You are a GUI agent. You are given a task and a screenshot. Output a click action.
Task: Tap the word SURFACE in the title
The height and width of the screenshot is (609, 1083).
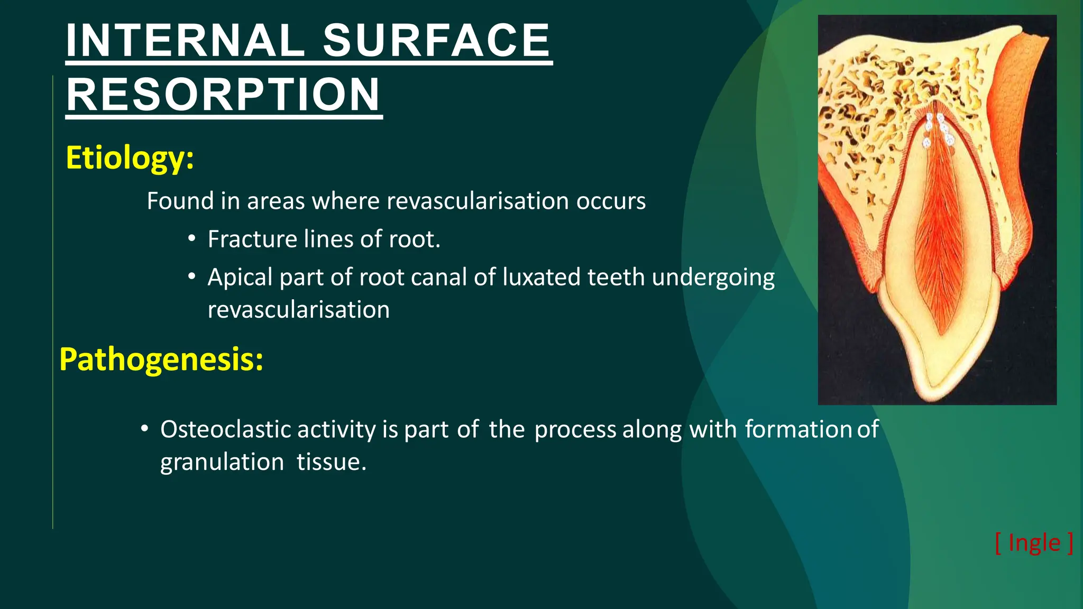[437, 41]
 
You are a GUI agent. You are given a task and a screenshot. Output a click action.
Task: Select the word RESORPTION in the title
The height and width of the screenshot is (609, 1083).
[223, 95]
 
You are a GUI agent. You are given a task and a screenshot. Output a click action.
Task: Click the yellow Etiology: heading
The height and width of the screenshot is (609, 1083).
[130, 158]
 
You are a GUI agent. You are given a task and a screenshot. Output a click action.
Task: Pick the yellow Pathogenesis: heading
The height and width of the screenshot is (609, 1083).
[161, 359]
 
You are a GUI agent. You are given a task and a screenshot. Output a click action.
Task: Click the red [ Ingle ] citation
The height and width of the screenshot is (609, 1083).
[1034, 543]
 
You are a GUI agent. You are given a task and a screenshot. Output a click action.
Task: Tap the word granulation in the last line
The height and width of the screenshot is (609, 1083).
[222, 462]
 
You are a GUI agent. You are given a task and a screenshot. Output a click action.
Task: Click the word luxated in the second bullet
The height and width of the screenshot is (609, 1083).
[541, 277]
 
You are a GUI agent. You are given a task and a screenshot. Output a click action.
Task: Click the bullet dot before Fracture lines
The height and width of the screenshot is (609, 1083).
[192, 238]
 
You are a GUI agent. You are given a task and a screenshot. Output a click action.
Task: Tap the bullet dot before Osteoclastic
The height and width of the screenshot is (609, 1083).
[144, 428]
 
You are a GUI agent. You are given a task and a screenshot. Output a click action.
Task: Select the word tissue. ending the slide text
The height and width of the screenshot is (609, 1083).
[332, 462]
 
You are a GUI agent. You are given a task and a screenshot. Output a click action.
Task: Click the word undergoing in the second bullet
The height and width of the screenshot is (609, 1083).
[713, 277]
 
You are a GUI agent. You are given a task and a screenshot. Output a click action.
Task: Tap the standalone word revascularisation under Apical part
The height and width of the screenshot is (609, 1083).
[299, 310]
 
